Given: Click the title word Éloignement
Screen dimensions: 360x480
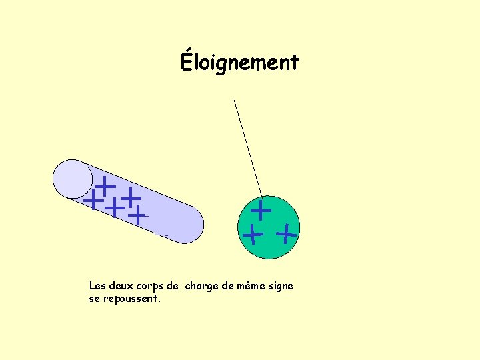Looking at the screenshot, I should click(x=240, y=62).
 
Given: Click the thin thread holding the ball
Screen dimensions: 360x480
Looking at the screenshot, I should click(x=247, y=147).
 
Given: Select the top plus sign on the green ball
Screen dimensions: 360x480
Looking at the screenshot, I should click(x=260, y=211).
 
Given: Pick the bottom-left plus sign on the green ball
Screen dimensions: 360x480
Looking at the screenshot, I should click(x=252, y=235).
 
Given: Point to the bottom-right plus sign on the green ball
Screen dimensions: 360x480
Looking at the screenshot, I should click(x=286, y=234).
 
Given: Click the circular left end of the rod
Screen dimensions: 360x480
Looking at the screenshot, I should click(x=73, y=179).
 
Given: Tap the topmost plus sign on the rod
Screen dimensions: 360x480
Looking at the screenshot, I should click(x=105, y=185).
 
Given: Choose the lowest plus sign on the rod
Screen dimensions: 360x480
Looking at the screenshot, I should click(x=137, y=215).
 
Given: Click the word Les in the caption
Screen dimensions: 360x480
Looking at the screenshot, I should click(x=97, y=286).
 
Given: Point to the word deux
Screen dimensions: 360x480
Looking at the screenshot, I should click(x=121, y=286).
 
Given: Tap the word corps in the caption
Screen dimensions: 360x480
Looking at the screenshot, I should click(x=150, y=287).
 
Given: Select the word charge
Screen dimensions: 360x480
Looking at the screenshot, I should click(x=202, y=287).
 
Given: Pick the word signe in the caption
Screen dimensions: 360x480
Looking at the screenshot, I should click(x=280, y=287).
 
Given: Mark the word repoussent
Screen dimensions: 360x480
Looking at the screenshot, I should click(x=131, y=299).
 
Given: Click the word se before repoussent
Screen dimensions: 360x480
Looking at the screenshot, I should click(x=94, y=299).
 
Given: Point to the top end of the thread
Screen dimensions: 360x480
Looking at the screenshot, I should click(x=234, y=100).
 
